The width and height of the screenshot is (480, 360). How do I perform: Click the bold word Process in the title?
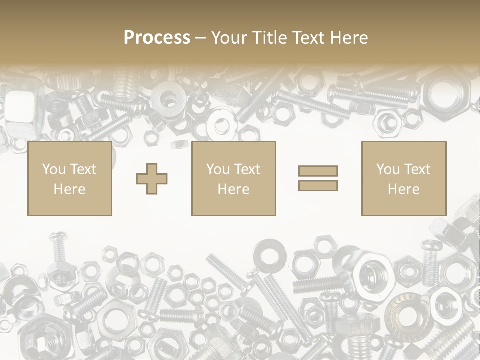point(157,38)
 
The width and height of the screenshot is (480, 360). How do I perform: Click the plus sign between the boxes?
point(152,179)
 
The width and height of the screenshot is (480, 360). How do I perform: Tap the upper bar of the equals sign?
point(318,171)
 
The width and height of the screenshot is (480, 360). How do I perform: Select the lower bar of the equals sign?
point(318,186)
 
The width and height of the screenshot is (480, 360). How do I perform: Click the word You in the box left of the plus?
point(54,169)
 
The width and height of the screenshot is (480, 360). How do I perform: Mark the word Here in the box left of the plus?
point(69,189)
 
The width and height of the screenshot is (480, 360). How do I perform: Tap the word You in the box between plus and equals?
point(218,169)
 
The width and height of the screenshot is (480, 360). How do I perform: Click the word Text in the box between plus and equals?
point(247,169)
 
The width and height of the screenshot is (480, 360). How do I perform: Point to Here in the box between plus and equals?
point(234,189)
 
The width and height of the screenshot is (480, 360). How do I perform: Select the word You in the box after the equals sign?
point(388,169)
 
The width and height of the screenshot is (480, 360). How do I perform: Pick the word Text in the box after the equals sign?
point(417,169)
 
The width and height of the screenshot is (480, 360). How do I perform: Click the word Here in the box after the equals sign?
point(404,189)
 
